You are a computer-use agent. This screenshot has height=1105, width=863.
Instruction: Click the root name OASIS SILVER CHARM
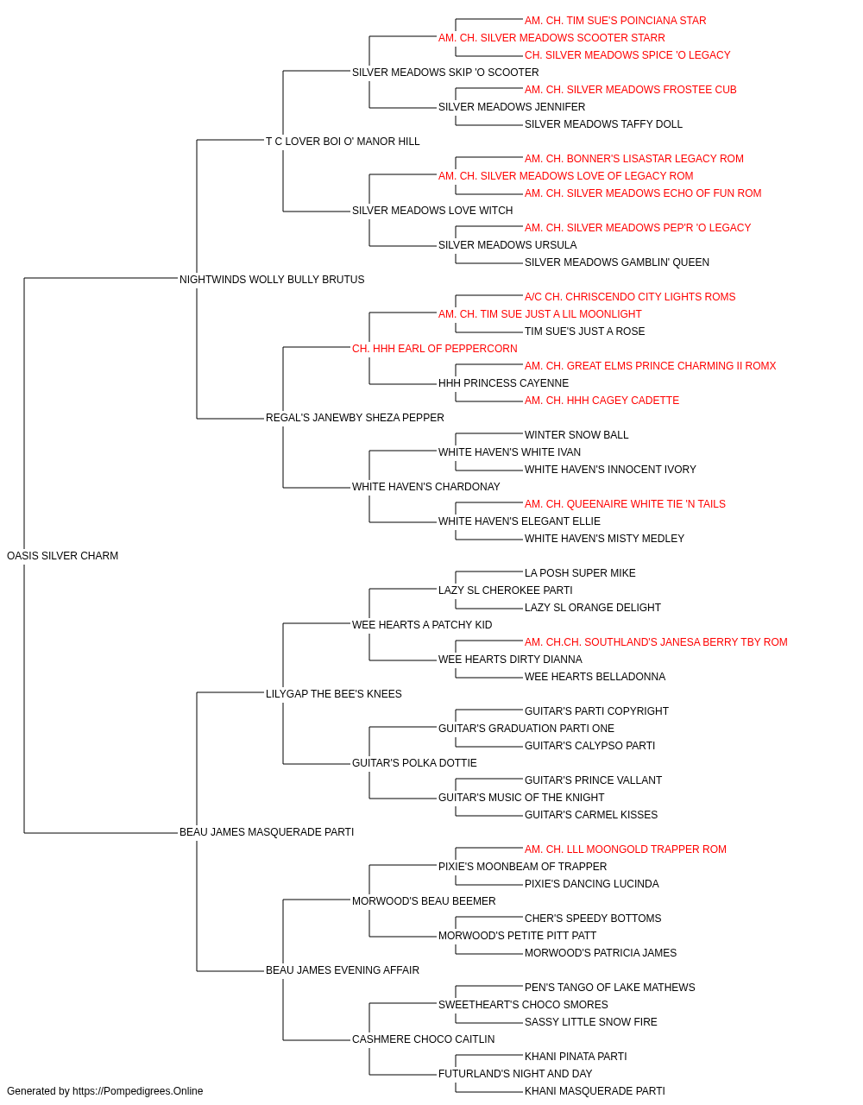click(62, 556)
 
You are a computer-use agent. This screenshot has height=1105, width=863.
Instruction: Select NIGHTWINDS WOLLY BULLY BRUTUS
click(272, 280)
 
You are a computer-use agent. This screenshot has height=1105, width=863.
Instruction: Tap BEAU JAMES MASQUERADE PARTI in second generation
click(267, 832)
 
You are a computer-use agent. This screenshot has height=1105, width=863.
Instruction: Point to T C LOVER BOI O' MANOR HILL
click(343, 142)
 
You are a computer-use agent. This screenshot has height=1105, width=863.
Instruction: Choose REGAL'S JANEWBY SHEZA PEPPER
click(355, 418)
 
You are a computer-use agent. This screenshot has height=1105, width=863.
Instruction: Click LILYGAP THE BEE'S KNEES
click(333, 694)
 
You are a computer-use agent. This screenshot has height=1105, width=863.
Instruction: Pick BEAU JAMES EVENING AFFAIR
click(343, 970)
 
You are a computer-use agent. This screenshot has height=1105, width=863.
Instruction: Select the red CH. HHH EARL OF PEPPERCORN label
click(435, 349)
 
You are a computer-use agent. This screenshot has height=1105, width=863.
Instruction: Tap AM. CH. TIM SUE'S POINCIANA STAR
click(615, 21)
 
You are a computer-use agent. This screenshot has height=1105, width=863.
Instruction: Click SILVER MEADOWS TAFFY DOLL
click(603, 124)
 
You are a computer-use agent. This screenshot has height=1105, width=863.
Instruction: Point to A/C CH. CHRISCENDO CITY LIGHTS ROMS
click(630, 297)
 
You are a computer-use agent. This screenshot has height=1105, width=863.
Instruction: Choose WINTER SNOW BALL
click(576, 435)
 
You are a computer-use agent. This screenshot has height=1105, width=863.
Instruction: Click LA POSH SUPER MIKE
click(580, 573)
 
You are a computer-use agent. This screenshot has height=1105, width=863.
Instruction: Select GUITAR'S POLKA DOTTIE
click(414, 763)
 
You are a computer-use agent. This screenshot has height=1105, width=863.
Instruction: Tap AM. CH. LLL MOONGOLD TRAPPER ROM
click(625, 849)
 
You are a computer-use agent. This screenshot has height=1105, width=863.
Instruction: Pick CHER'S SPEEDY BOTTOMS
click(593, 919)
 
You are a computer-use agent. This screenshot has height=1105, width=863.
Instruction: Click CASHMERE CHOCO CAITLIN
click(424, 1039)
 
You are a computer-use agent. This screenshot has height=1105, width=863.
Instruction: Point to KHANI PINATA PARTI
click(576, 1057)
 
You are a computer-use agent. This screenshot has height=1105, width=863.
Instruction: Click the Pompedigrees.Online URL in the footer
click(138, 1091)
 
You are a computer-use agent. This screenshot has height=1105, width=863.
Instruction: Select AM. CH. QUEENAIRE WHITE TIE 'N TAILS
click(625, 504)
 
